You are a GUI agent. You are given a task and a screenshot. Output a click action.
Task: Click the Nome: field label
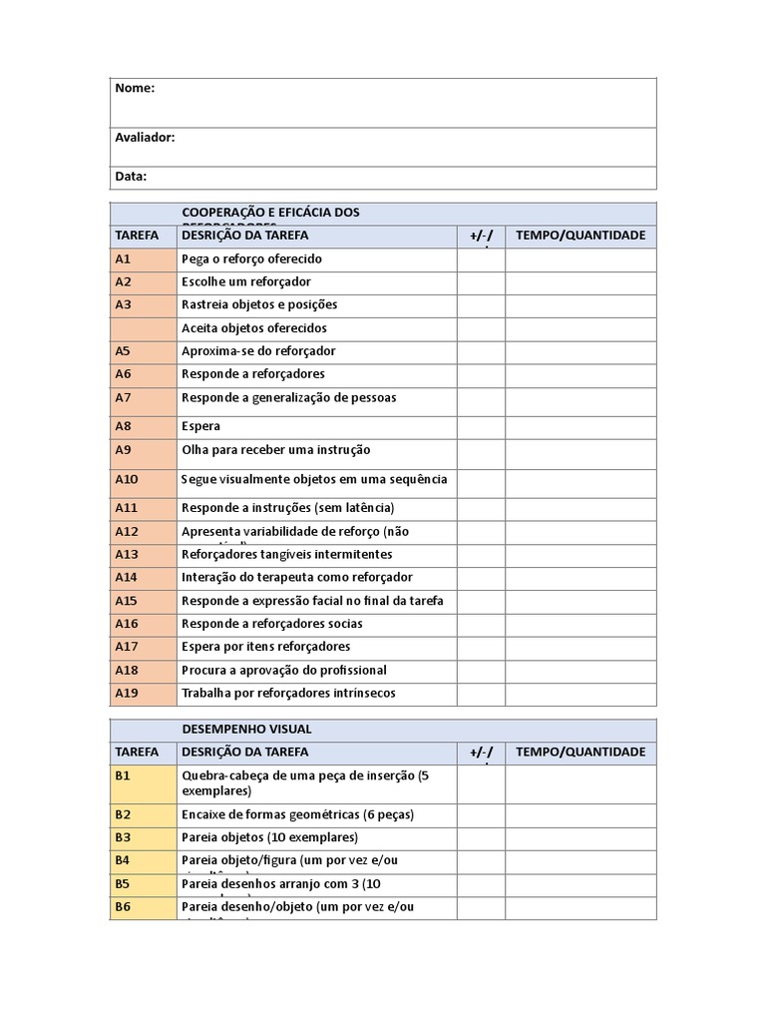(x=135, y=88)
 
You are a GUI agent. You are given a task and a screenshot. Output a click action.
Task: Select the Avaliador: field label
(x=145, y=137)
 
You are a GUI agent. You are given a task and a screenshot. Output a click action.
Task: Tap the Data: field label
(x=131, y=177)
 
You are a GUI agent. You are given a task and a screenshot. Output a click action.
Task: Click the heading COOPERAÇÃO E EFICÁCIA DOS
(x=270, y=213)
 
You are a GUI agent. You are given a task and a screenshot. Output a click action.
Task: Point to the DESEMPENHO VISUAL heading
(x=239, y=730)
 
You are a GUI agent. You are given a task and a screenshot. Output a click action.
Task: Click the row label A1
(x=123, y=258)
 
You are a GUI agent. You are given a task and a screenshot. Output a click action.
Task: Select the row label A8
(x=123, y=426)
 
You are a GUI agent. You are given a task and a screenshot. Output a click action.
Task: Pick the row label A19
(x=127, y=693)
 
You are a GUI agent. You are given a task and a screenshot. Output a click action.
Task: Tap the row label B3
(x=123, y=837)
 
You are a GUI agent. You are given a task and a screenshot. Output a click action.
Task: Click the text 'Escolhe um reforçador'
(x=246, y=281)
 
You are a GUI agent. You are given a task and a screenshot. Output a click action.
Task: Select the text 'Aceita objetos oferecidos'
(x=254, y=327)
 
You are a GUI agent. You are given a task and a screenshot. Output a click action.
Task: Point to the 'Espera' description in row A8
(x=200, y=426)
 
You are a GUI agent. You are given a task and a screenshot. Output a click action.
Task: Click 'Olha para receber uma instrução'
(x=275, y=450)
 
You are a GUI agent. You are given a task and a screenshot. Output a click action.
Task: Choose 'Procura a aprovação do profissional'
(x=284, y=670)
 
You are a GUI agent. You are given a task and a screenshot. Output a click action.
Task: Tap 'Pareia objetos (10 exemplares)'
(x=269, y=837)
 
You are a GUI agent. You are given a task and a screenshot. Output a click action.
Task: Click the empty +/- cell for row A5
(x=481, y=351)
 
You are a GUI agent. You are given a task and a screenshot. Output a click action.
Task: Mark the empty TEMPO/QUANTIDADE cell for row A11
(x=580, y=508)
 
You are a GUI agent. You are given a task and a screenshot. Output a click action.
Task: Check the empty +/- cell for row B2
(x=481, y=814)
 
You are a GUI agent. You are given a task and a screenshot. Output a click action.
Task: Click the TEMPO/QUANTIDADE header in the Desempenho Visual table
(x=580, y=752)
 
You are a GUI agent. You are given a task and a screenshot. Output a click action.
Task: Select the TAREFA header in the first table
(x=137, y=236)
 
